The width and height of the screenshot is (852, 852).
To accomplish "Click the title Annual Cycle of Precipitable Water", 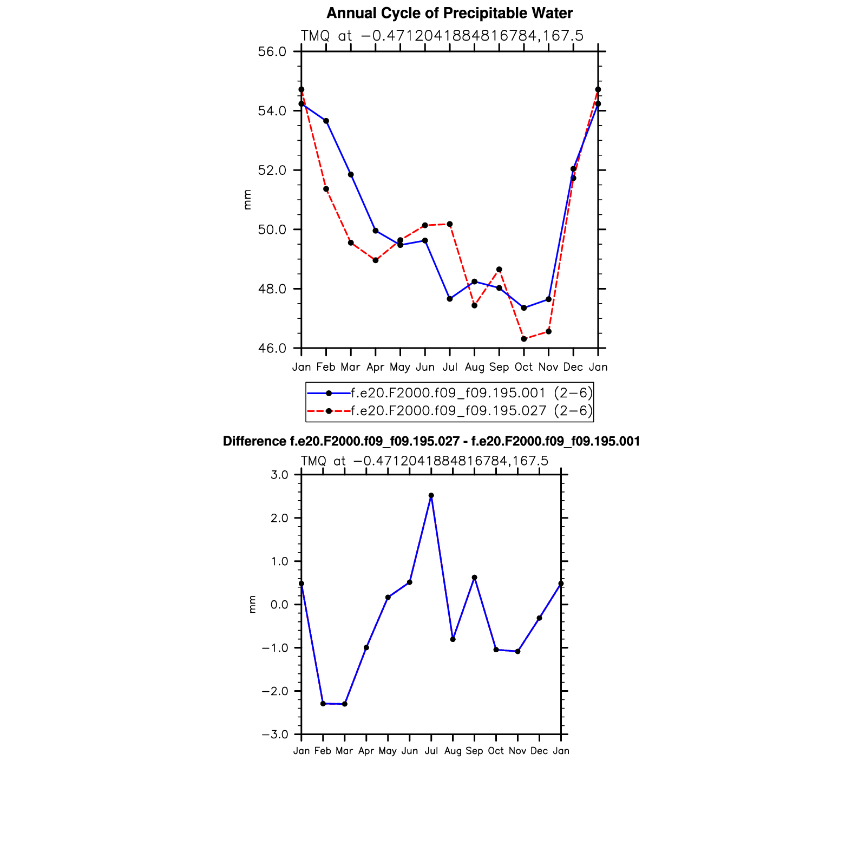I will tap(449, 13).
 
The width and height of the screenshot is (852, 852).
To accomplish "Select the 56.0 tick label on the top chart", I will tap(272, 52).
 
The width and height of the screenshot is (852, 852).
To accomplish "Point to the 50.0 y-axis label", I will tap(272, 230).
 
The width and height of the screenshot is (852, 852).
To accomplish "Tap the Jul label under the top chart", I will tap(449, 367).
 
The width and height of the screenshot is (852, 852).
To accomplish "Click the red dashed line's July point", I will tap(450, 224).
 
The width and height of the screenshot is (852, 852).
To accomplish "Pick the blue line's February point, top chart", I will tap(326, 121).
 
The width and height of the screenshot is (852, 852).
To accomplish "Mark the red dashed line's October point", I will tap(524, 339).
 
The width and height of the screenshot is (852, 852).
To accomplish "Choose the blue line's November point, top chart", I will tap(549, 299).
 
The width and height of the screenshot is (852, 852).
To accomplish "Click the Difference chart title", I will tap(431, 442).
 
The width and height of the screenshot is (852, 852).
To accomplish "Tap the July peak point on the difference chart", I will tap(431, 495).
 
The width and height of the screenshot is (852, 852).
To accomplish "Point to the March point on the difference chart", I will tap(345, 704).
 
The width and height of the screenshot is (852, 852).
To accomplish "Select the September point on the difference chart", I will tap(474, 578).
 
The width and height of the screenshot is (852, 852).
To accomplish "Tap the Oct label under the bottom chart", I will tap(496, 751).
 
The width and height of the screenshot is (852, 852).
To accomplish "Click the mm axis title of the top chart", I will tap(247, 200).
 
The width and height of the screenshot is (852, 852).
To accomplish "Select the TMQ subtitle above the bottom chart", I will tap(424, 461).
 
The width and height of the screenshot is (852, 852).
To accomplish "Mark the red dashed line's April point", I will tap(376, 260).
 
